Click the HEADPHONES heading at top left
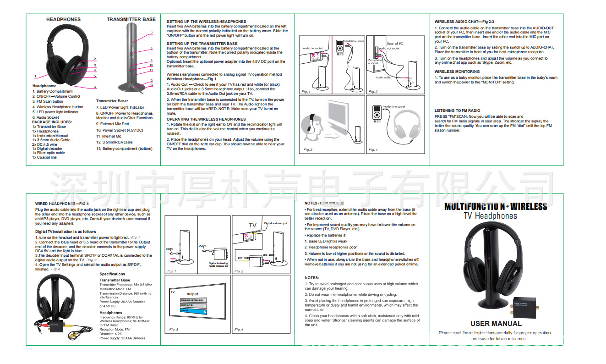point(63,19)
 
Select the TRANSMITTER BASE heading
point(131,19)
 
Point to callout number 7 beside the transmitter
point(151,33)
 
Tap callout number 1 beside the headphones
point(35,76)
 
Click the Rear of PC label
point(395,44)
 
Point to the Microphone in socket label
point(374,61)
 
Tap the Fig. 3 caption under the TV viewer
point(307,150)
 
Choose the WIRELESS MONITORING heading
point(457,72)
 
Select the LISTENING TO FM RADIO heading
point(457,110)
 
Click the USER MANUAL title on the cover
point(496,323)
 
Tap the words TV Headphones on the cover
point(490,216)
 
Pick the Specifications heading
point(112,274)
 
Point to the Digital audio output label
point(275,223)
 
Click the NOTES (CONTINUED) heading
point(324,203)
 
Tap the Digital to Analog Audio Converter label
point(218,265)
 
